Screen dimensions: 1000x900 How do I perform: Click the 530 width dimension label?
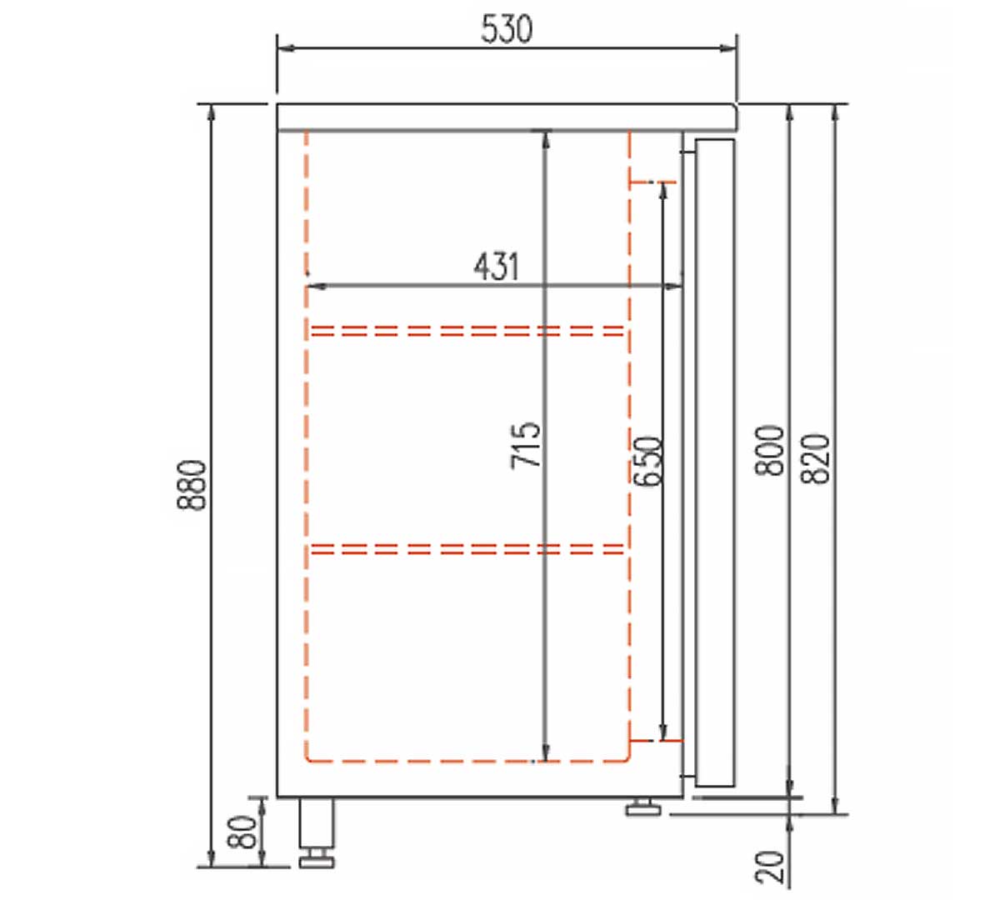tap(507, 29)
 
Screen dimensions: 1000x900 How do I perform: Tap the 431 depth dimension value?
tap(496, 267)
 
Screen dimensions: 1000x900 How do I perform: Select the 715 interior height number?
tap(526, 446)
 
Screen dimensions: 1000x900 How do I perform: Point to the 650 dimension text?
tap(647, 460)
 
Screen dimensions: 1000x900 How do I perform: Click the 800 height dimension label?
tap(769, 450)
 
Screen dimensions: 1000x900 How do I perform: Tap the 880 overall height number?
tap(191, 485)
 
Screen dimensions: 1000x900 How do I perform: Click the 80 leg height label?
tap(242, 832)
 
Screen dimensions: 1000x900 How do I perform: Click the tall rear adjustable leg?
tap(317, 832)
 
